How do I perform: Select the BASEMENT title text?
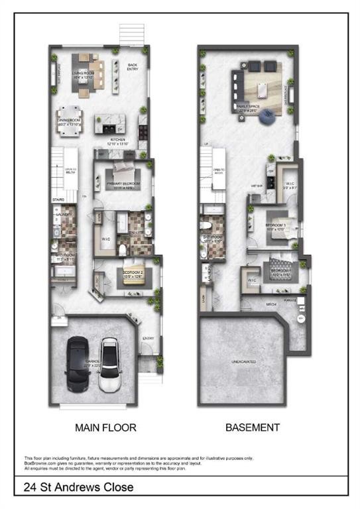(252, 427)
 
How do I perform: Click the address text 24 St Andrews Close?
(78, 488)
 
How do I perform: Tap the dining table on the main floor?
(69, 123)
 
